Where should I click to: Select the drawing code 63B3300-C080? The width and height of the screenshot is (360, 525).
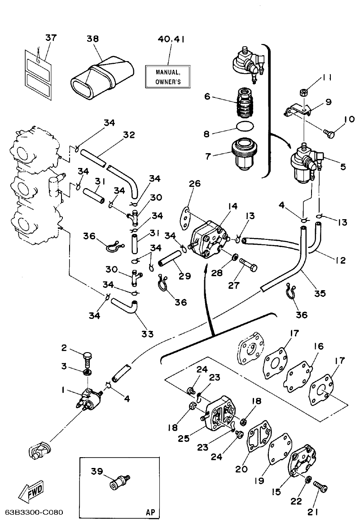tap(34, 512)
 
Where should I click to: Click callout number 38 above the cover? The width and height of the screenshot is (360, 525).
tap(93, 39)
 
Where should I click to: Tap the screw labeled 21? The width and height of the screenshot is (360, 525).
tap(321, 487)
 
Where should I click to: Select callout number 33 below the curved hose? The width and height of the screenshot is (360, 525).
tap(147, 334)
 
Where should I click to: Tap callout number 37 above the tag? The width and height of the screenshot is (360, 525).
tap(51, 38)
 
